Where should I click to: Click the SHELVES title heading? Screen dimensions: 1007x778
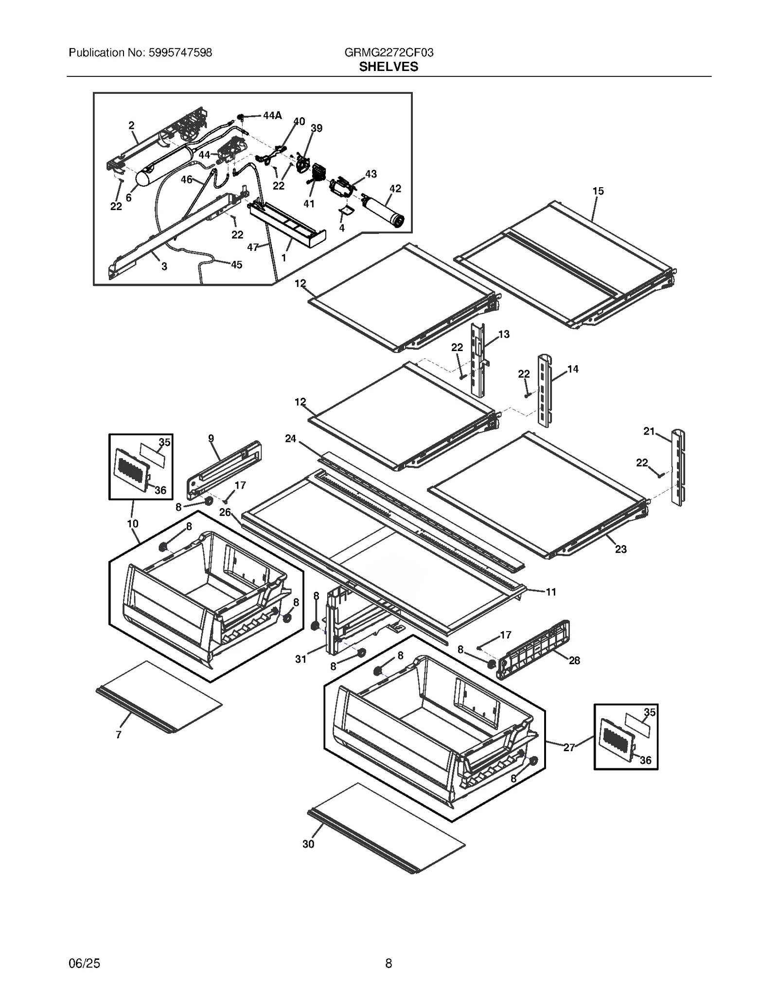click(x=389, y=67)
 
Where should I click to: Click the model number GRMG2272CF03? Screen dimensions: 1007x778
click(x=389, y=53)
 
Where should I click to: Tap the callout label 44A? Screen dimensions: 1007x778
click(x=272, y=116)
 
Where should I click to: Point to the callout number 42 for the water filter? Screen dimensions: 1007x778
click(x=395, y=189)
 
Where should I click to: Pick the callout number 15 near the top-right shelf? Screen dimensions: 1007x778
click(x=598, y=191)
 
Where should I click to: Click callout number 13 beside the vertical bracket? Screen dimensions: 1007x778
click(x=504, y=334)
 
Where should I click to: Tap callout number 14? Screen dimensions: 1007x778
click(x=573, y=369)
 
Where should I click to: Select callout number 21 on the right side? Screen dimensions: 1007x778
click(x=649, y=431)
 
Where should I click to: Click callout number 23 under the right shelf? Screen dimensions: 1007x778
click(x=620, y=549)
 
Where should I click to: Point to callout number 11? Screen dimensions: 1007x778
click(x=550, y=592)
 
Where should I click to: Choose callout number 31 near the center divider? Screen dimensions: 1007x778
click(x=301, y=659)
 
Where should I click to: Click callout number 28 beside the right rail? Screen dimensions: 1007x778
click(x=574, y=660)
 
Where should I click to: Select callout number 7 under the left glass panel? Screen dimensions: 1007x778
click(x=118, y=735)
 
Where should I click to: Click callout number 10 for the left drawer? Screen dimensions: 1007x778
click(x=132, y=524)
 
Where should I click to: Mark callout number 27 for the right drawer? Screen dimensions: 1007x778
click(x=569, y=747)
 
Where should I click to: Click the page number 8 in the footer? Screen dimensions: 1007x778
click(x=389, y=963)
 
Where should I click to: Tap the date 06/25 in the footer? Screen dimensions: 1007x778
click(x=85, y=963)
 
